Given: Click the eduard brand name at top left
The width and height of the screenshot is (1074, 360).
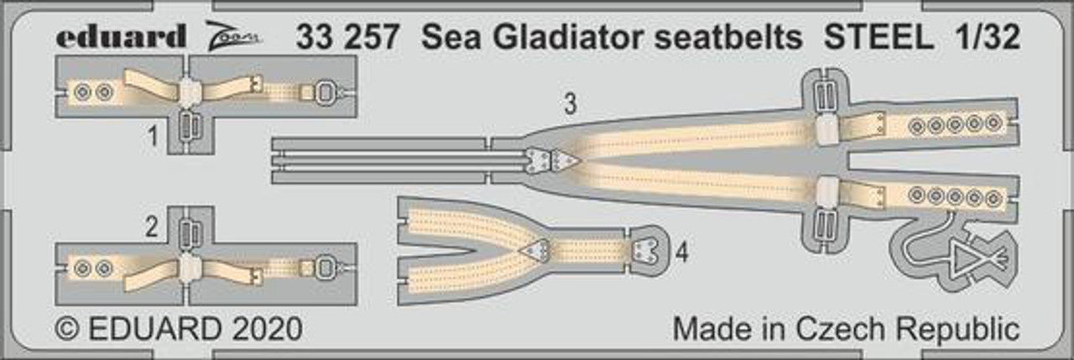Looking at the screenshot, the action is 121,35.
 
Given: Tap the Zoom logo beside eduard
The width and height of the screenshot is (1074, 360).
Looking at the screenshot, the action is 234,36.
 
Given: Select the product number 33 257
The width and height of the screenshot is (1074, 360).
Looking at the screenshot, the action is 347,36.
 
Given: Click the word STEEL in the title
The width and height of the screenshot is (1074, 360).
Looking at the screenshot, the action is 878,36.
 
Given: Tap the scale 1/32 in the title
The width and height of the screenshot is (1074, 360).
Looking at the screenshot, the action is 986,36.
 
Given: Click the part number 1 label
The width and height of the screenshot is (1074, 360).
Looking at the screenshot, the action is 153,137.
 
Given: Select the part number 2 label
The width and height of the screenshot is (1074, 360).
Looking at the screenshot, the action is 152,227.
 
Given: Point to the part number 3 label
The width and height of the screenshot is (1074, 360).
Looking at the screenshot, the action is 570,104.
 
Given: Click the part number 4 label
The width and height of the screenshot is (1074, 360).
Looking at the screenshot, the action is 682,252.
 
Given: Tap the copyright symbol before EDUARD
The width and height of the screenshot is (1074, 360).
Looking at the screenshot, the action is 68,329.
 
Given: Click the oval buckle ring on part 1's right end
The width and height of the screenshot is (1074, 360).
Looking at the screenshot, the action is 325,92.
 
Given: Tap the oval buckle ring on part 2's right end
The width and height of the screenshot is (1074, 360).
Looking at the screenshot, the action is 325,269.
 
